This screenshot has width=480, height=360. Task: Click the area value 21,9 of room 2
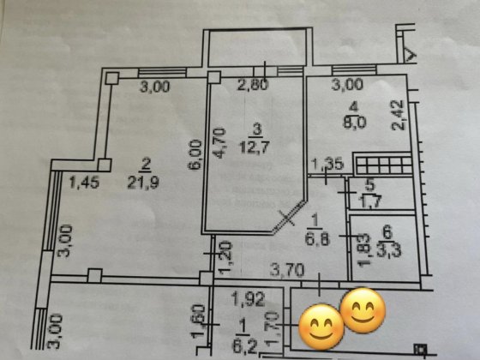pos(143,183)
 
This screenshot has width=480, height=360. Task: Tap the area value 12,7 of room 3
pos(255,147)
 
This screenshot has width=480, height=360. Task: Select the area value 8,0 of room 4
pos(354,123)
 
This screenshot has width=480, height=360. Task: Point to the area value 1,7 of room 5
pos(369,201)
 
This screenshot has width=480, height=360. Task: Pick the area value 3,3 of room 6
pos(388,250)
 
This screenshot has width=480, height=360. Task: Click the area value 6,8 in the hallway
pos(317,239)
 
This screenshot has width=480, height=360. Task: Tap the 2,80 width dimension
pos(253,85)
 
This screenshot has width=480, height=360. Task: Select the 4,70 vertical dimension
pos(220,143)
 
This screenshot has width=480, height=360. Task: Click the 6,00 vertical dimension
pos(195,154)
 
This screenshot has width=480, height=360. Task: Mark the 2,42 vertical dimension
pos(399,115)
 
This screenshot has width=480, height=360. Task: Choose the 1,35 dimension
pos(328,165)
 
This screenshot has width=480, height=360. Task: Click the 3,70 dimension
pos(287,270)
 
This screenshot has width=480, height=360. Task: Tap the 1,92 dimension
pos(249,299)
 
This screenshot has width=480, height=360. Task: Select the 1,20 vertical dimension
pos(225,257)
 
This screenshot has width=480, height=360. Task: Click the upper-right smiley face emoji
pos(363,310)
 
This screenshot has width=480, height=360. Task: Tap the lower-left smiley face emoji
pos(321,327)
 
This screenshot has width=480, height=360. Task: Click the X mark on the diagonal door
pos(286,218)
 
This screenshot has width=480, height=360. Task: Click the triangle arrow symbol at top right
pos(411,55)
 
